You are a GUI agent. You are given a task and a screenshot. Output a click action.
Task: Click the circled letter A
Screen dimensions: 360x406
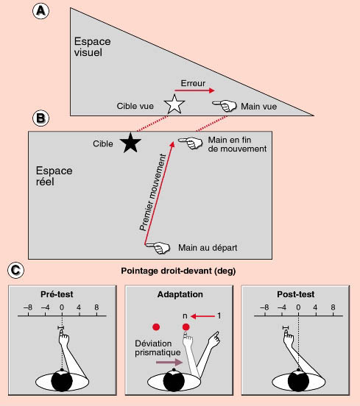[x=40, y=10]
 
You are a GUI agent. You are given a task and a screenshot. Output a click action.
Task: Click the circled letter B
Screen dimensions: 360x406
[x=40, y=118]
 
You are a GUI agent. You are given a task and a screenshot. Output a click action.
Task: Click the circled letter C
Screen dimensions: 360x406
[x=15, y=270]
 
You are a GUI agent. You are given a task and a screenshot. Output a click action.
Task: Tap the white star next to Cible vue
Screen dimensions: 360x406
[x=174, y=104]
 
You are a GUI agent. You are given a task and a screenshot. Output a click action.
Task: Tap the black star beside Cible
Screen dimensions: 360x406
[x=130, y=143]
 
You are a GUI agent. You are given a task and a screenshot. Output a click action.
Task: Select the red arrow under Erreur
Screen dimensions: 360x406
[x=194, y=90]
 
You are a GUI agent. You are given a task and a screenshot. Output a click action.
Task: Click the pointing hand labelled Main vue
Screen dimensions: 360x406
[x=225, y=106]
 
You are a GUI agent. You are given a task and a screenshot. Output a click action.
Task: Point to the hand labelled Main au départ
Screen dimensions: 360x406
[x=158, y=248]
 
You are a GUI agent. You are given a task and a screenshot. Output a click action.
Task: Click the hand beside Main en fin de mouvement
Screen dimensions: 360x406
[x=191, y=143]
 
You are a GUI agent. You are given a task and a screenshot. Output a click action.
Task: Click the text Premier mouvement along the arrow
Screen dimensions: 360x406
[x=152, y=192]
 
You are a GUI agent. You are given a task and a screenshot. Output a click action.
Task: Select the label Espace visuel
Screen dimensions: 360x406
[x=92, y=47]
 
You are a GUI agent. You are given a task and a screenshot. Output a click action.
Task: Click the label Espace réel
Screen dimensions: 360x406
[x=54, y=176]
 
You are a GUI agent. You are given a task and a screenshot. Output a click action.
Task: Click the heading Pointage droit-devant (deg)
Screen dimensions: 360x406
[x=178, y=271]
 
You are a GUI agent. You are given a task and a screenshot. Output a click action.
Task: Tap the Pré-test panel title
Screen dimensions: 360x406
[x=57, y=294]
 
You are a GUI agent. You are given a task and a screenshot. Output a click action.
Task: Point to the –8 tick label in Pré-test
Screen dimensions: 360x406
[x=28, y=307]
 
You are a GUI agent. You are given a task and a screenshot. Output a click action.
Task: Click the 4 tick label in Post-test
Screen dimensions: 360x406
[x=315, y=307]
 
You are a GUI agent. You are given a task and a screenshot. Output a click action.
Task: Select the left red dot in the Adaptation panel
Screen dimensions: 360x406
[x=156, y=327]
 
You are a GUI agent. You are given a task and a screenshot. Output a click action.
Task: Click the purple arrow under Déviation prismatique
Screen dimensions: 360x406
[x=169, y=362]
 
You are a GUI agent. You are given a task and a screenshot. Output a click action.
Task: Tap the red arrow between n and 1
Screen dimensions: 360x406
[x=202, y=316]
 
